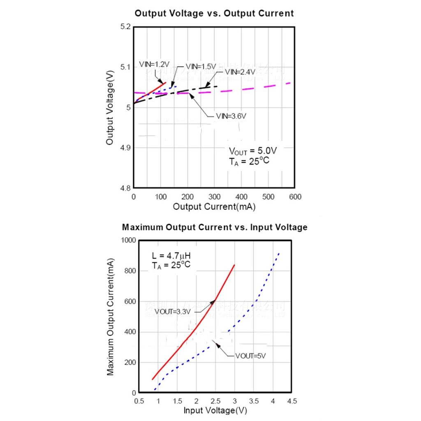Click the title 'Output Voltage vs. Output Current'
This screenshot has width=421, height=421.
[x=214, y=13]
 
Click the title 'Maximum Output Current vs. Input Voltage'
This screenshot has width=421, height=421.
[x=215, y=227]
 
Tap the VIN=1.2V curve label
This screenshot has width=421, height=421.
[x=154, y=64]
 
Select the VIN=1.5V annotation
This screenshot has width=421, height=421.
[x=201, y=66]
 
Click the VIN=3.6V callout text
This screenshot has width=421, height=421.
[x=231, y=116]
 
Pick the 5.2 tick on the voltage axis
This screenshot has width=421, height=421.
[x=125, y=27]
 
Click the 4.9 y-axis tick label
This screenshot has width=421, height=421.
[x=125, y=148]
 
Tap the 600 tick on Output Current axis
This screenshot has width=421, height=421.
[x=294, y=197]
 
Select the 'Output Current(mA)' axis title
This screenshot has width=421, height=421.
[x=214, y=207]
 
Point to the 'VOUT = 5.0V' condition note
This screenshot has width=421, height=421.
[x=253, y=150]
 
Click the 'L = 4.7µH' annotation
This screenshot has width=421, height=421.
[x=171, y=256]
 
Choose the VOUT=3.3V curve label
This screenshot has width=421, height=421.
[x=173, y=312]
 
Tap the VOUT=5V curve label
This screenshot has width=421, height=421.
[x=251, y=356]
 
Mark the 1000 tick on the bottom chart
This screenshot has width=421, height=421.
[x=128, y=241]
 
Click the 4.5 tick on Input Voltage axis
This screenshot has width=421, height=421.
[x=291, y=401]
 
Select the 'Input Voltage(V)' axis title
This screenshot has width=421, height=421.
[x=215, y=410]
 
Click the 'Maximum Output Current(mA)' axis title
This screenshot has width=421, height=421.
[x=110, y=317]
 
